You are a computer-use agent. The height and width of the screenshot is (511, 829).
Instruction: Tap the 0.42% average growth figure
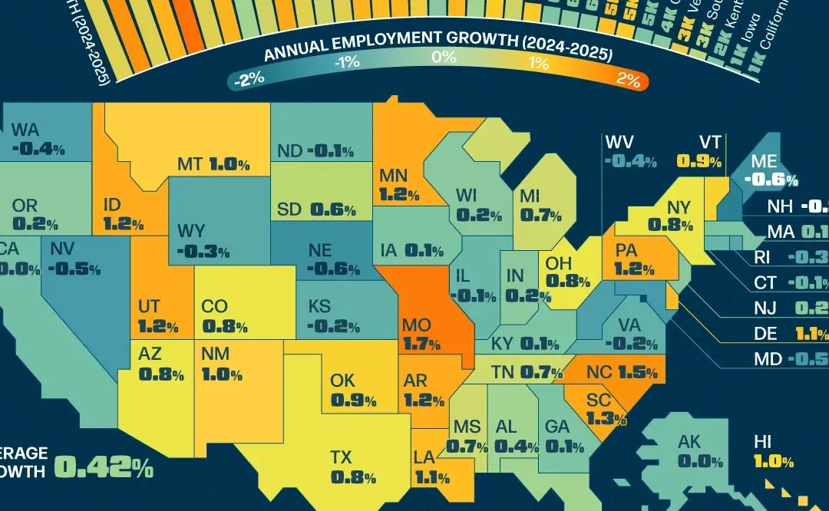click(x=103, y=467)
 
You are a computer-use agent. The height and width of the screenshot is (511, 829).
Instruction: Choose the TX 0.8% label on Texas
click(x=352, y=467)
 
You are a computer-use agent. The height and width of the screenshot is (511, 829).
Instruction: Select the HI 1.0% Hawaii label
click(x=771, y=452)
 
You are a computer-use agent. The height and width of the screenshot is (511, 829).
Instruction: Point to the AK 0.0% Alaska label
click(x=699, y=452)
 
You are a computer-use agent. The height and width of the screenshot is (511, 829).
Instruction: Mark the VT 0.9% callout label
click(x=699, y=152)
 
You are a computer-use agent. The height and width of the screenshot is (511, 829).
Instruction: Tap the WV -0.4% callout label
click(x=630, y=152)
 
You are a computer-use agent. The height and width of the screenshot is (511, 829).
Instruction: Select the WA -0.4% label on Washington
click(x=38, y=139)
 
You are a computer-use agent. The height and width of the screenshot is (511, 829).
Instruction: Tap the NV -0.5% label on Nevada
click(x=75, y=259)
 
